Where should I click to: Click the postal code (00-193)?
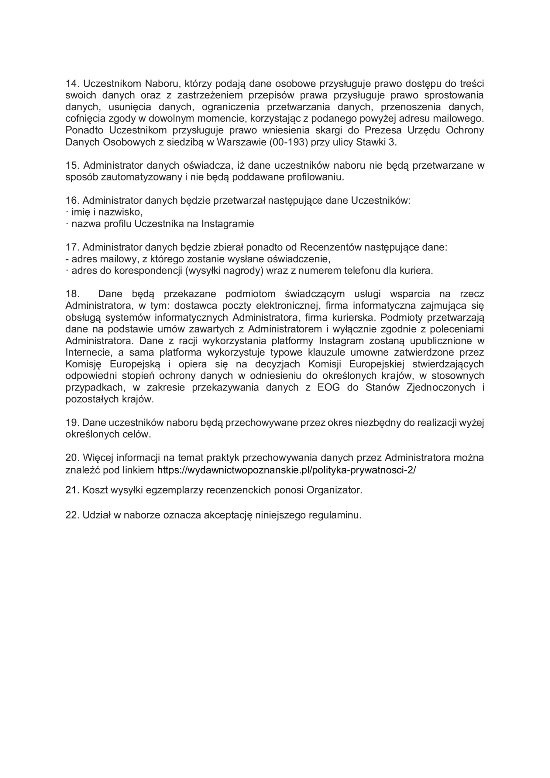(x=288, y=142)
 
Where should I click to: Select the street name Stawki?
(x=370, y=142)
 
